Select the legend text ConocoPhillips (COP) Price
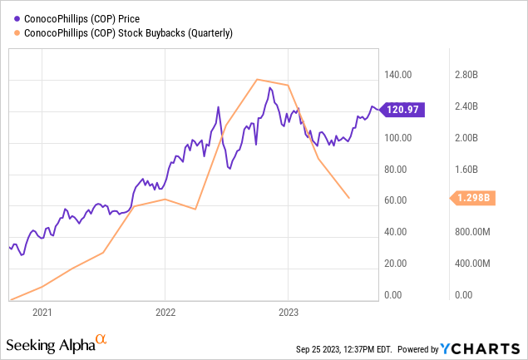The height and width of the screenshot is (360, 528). (81, 17)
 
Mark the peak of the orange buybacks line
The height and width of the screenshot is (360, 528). (257, 79)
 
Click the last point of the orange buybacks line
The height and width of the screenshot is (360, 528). (349, 198)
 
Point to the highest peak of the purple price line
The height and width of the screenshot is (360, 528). (269, 87)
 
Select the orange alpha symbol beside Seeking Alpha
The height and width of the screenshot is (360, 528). (101, 339)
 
